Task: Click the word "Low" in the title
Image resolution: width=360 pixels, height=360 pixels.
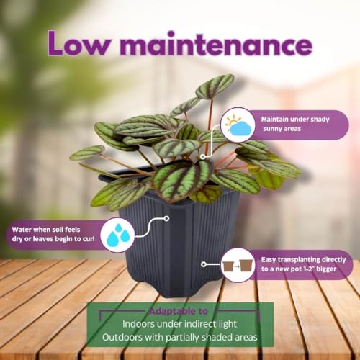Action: (x=79, y=43)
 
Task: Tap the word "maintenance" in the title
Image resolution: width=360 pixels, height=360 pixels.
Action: (x=216, y=44)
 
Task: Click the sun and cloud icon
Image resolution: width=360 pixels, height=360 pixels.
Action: (x=238, y=125)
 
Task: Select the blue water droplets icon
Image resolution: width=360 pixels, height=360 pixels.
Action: (x=118, y=235)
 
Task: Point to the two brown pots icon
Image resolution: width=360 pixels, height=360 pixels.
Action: (x=238, y=265)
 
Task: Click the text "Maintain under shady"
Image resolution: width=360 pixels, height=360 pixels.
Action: (x=295, y=120)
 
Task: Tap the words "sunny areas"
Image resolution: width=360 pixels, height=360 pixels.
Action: (x=282, y=129)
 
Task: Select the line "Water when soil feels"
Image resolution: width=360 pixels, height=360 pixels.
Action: (x=46, y=230)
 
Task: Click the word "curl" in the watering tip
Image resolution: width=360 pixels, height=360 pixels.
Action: (x=88, y=239)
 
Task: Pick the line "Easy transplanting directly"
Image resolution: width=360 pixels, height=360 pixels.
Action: (x=303, y=260)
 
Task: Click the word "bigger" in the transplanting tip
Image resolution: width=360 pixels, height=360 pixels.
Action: (x=326, y=269)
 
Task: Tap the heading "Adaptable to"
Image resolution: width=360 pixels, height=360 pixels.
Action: (x=179, y=311)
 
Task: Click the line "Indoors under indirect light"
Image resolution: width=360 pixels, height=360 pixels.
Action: (x=180, y=324)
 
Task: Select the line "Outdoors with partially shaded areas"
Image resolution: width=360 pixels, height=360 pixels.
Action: (x=180, y=337)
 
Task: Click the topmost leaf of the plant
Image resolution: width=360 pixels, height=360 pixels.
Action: (x=215, y=86)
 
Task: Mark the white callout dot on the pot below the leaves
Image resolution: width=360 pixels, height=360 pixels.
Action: (x=166, y=218)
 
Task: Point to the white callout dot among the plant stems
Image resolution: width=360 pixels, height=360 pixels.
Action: (x=203, y=157)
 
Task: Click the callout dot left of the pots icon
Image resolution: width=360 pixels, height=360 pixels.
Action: (x=204, y=264)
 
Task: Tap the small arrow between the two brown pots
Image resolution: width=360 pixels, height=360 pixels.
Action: (x=237, y=266)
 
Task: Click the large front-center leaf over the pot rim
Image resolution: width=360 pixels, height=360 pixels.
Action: (x=183, y=180)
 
